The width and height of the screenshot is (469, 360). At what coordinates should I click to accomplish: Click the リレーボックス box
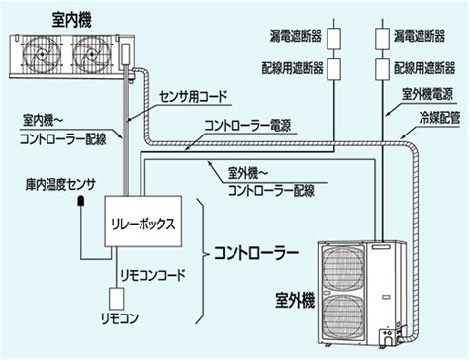point(143,222)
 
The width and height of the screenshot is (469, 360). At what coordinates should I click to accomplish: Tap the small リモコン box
point(117,299)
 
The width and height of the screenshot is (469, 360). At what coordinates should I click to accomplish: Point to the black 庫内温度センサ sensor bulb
point(81,201)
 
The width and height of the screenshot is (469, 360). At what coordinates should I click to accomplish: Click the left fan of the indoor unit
point(42,54)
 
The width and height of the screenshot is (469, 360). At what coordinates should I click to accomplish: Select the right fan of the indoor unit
point(91,54)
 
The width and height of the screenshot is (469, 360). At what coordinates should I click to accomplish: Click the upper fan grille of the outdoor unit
point(343,268)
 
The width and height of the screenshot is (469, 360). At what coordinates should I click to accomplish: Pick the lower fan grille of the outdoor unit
point(343,317)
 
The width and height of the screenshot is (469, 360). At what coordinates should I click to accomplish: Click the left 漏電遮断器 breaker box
point(333,39)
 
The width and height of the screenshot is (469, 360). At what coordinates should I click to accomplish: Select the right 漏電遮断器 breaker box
point(383,39)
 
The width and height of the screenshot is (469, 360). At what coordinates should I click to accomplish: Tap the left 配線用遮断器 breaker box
point(333,69)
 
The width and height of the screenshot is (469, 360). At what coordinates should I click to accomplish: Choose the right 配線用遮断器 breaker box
point(383,69)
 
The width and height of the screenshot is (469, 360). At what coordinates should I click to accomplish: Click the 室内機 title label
point(71,20)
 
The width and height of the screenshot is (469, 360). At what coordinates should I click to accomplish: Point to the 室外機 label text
point(295,300)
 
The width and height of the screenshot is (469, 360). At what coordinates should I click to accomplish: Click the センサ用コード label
point(193,97)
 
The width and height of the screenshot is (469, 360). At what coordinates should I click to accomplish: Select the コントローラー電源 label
point(247,126)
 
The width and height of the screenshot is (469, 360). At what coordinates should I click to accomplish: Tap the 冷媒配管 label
point(439,118)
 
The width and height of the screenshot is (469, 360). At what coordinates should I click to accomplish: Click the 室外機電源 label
point(427,94)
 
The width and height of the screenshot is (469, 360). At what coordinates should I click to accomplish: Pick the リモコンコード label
point(152,275)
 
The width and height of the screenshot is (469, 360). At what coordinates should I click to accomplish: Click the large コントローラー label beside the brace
point(256,253)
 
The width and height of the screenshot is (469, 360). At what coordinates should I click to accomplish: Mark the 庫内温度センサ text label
point(60,185)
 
